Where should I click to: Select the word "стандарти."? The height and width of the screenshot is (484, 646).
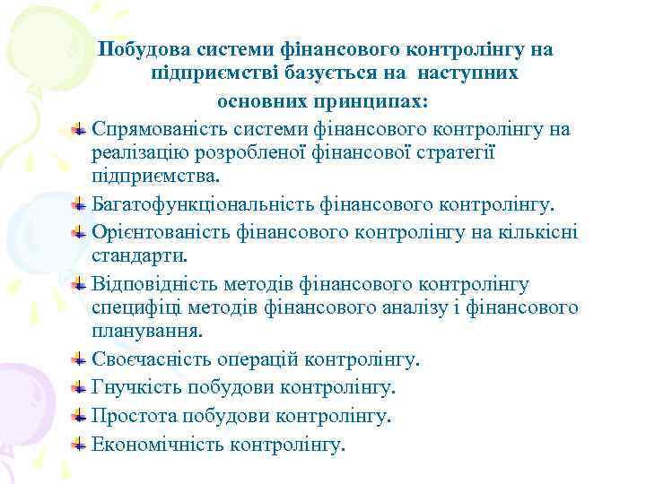tap(139, 256)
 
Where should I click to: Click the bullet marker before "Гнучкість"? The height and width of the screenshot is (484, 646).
tap(80, 386)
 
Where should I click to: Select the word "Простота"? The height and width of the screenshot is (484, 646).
tap(134, 415)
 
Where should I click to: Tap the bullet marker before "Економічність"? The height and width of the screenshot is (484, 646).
tap(80, 443)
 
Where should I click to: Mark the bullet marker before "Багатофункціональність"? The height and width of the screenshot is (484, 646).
tap(80, 204)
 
